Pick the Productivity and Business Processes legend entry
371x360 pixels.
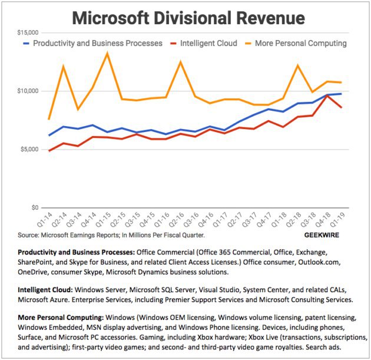click(x=97, y=43)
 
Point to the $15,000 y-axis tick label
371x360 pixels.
click(x=26, y=32)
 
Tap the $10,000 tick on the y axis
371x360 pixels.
click(x=26, y=91)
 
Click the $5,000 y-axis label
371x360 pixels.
click(x=28, y=149)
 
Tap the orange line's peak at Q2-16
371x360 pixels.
click(x=181, y=62)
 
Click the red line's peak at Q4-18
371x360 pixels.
click(x=327, y=95)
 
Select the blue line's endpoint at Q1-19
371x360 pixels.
click(x=341, y=94)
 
